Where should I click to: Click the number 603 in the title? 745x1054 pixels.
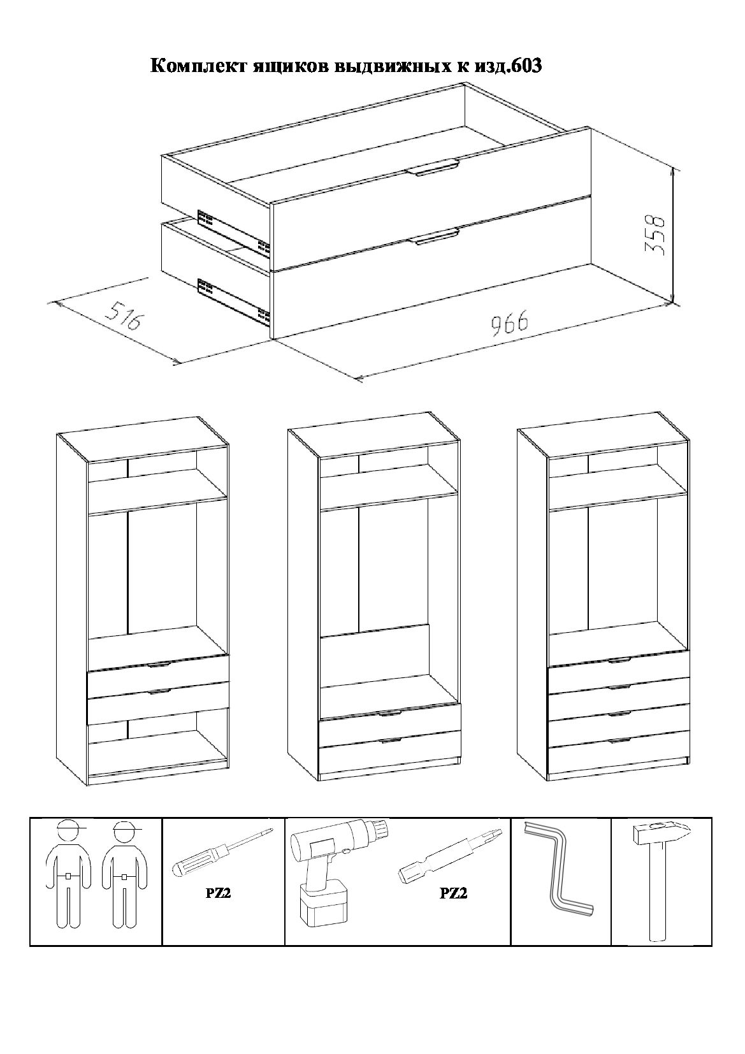point(526,66)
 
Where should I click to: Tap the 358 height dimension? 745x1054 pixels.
point(655,235)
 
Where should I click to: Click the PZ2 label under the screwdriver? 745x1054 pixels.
point(219,893)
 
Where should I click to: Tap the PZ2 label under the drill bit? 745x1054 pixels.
point(454,893)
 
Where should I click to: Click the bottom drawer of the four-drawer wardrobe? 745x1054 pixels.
point(619,756)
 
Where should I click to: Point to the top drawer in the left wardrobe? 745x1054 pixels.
point(158,670)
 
